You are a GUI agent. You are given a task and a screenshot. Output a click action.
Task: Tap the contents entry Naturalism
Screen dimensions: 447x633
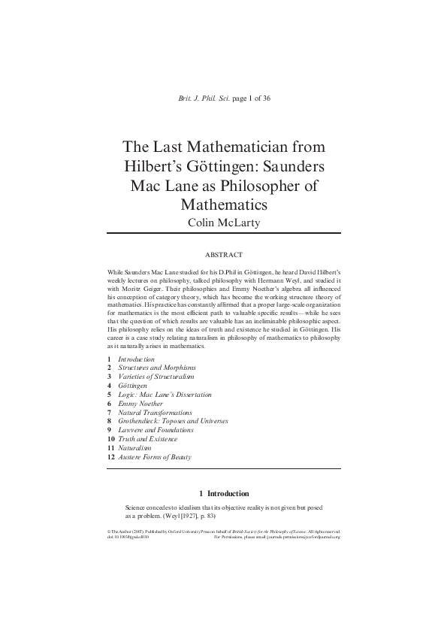pos(135,448)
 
